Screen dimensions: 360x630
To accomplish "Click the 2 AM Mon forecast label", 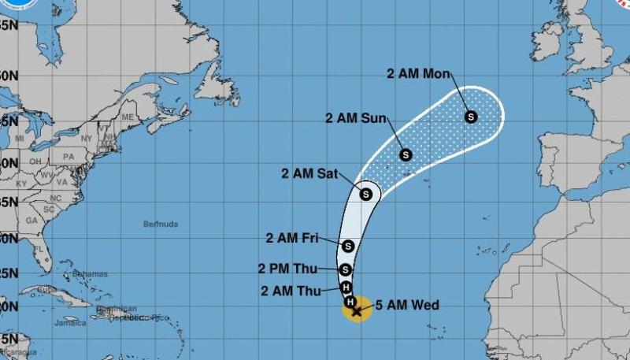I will point(418,74).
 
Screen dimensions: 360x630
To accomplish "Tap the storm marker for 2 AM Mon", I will point(471,117).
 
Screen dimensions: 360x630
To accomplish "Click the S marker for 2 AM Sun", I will point(406,154).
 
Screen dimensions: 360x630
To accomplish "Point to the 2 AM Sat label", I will point(309,173).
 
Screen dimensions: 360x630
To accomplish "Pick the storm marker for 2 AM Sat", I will point(366,194).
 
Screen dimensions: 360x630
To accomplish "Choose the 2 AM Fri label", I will point(292,237).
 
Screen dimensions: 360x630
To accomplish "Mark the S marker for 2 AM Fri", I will point(348,246).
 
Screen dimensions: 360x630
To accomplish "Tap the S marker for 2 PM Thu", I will point(344,269).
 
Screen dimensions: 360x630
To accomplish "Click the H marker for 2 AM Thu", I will point(346,288).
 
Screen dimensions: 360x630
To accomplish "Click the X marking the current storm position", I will point(357,311).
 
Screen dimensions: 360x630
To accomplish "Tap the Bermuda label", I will point(160,225).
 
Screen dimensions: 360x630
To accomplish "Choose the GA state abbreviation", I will point(31,221).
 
